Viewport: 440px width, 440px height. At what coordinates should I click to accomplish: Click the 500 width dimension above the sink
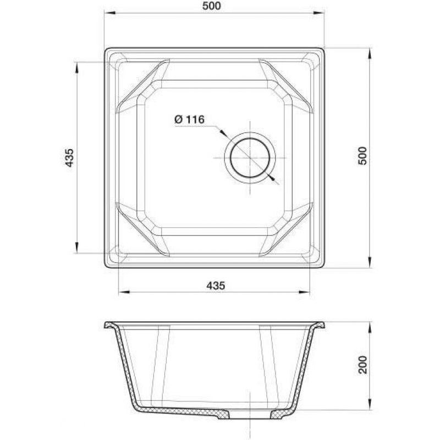(212, 6)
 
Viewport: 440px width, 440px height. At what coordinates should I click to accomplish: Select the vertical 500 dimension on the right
(362, 156)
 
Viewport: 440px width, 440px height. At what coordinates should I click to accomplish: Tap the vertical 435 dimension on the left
(69, 158)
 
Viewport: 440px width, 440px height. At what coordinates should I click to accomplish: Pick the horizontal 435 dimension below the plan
(216, 285)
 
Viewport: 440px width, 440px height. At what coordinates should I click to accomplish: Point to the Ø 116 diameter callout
(189, 119)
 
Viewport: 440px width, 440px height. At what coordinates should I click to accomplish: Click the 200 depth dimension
(363, 365)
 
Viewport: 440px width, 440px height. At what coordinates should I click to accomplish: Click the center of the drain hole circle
(250, 158)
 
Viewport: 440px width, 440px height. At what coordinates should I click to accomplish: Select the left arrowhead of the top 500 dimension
(109, 13)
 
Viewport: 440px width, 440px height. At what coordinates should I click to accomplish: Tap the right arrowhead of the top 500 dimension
(319, 13)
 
